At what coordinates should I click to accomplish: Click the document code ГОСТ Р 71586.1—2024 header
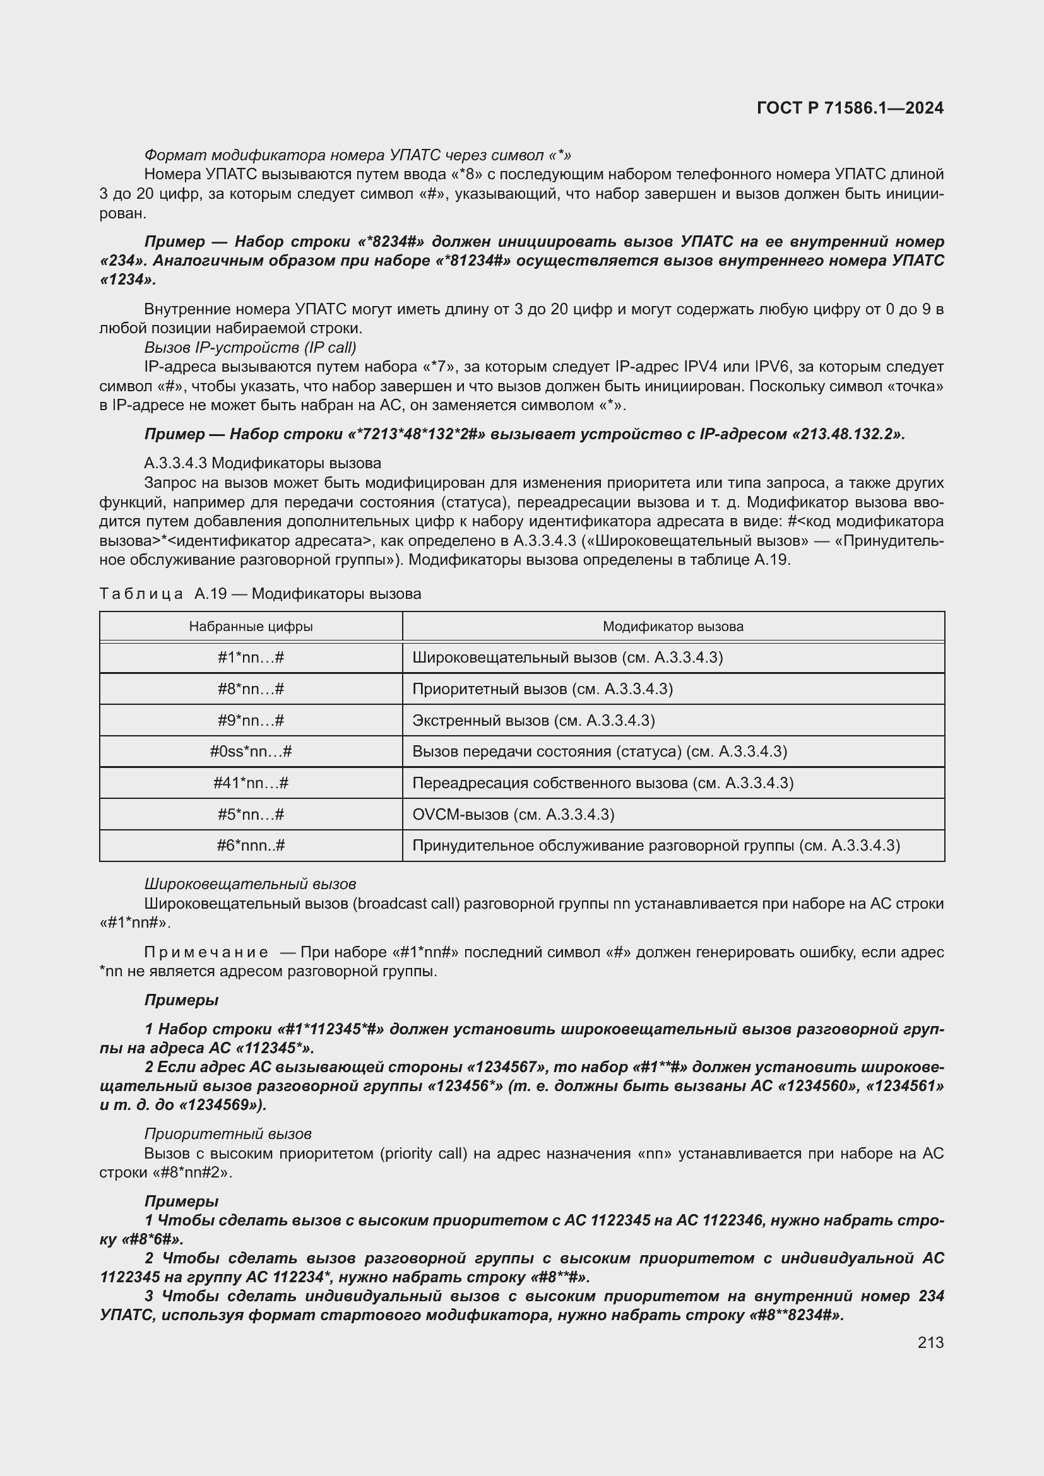pos(850,108)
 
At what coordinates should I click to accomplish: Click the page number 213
pos(930,1342)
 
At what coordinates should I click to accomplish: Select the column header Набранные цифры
pos(251,626)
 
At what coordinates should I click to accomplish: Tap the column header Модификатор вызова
pos(672,626)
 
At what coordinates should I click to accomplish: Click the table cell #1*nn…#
pos(251,658)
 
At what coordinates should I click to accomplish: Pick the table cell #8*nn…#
pos(251,689)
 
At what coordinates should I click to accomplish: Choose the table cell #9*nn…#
pos(251,720)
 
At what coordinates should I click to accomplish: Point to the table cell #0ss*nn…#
pos(251,752)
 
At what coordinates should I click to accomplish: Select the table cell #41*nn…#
pos(251,783)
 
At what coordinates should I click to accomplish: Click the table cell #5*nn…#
pos(251,815)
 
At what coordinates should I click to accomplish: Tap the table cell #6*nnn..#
pos(251,846)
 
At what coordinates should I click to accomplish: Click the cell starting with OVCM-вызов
pos(513,815)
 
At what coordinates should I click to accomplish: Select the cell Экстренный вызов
pos(533,720)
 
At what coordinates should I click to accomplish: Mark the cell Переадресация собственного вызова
pos(602,783)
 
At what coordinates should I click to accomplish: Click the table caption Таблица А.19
pos(259,593)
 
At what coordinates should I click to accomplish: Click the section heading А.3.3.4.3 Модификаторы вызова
pos(263,463)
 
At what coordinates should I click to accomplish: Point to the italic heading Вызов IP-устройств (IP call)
pos(250,348)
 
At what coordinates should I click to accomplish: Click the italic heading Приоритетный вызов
pos(228,1133)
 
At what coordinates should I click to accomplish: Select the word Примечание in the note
pos(206,952)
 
